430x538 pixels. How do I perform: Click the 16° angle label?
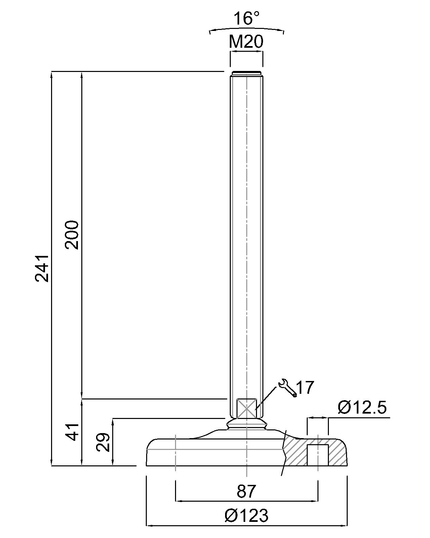pyautogui.click(x=246, y=18)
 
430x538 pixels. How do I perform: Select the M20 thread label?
pyautogui.click(x=246, y=41)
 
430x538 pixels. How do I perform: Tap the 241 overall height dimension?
pyautogui.click(x=41, y=269)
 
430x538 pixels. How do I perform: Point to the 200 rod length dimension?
pyautogui.click(x=72, y=235)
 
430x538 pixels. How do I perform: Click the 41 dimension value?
pyautogui.click(x=72, y=432)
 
